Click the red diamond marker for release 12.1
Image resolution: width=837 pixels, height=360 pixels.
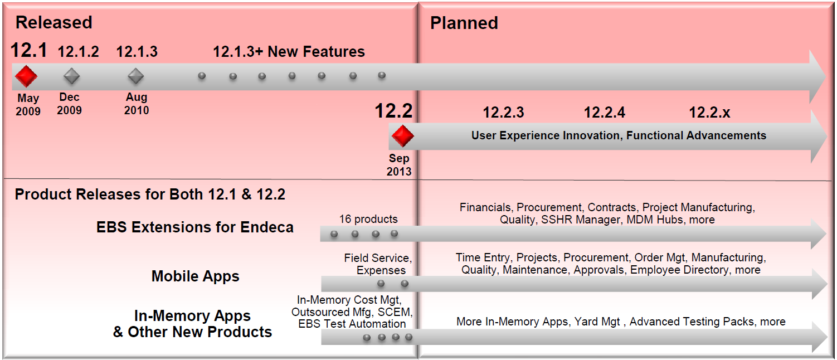pyautogui.click(x=26, y=76)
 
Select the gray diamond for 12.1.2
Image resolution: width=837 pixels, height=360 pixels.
pyautogui.click(x=72, y=76)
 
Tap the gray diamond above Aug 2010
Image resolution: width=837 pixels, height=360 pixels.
pyautogui.click(x=136, y=76)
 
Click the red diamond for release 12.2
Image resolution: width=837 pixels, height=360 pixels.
pyautogui.click(x=402, y=135)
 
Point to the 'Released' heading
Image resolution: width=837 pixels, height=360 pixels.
pyautogui.click(x=53, y=23)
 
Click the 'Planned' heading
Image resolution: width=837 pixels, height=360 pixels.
pyautogui.click(x=464, y=23)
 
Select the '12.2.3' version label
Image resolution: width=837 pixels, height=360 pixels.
pyautogui.click(x=503, y=113)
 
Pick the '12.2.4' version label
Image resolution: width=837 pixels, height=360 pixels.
pyautogui.click(x=604, y=113)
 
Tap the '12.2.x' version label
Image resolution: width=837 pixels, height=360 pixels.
pyautogui.click(x=709, y=113)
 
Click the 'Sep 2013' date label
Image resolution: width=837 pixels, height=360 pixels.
pyautogui.click(x=399, y=165)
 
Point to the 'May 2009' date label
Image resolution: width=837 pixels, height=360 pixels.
pyautogui.click(x=28, y=105)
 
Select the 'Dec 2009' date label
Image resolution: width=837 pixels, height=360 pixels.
pyautogui.click(x=69, y=104)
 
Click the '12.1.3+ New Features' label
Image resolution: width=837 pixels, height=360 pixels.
pyautogui.click(x=289, y=52)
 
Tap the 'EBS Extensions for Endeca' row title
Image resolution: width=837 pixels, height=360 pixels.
pyautogui.click(x=194, y=227)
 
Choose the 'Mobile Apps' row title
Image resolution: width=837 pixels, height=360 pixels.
pyautogui.click(x=195, y=276)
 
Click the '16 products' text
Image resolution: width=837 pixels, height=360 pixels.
pyautogui.click(x=368, y=219)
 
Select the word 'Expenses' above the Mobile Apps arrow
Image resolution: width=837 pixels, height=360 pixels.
pyautogui.click(x=381, y=270)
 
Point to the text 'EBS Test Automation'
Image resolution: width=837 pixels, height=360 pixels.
pyautogui.click(x=352, y=324)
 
